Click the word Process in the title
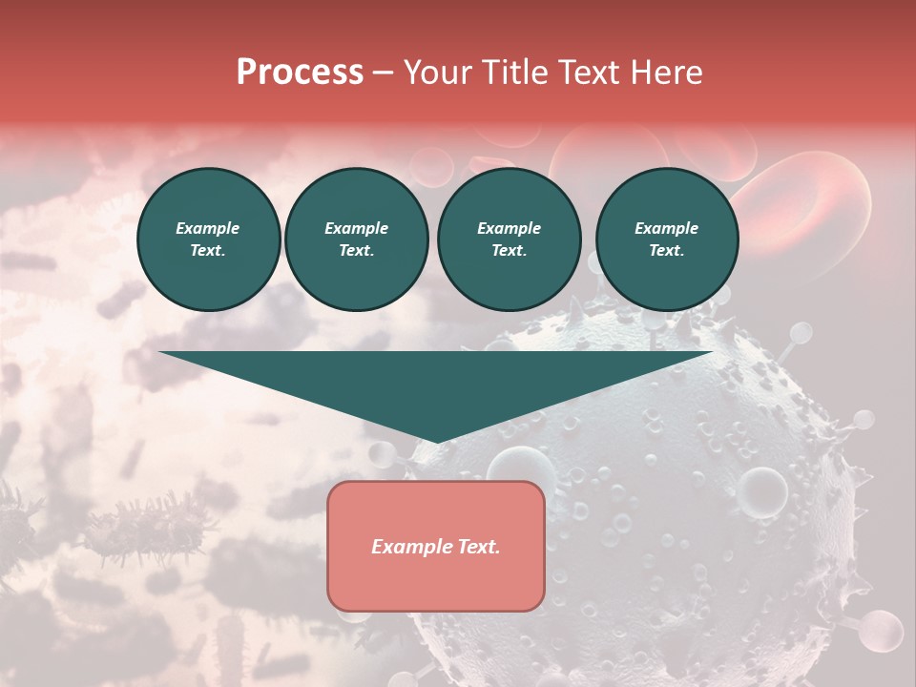[300, 73]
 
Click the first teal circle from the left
[208, 239]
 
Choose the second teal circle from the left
[356, 239]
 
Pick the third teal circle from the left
[509, 239]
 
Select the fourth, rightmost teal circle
[666, 239]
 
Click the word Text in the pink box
[477, 547]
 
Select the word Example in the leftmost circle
[208, 228]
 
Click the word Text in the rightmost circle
[666, 250]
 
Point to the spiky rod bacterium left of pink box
[143, 524]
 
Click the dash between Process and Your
[384, 73]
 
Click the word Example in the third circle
[509, 228]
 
